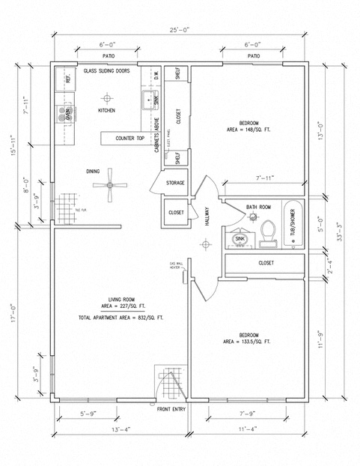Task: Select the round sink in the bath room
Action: click(240, 239)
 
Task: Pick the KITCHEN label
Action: click(107, 111)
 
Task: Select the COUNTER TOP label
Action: click(129, 139)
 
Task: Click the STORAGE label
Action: click(175, 182)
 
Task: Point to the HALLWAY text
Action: click(207, 217)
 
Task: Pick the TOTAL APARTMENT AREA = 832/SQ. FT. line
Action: click(120, 318)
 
